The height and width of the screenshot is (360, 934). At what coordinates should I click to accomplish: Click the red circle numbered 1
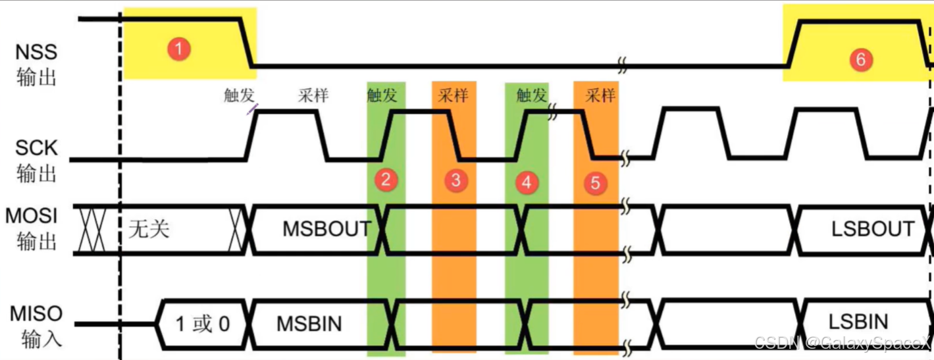click(178, 49)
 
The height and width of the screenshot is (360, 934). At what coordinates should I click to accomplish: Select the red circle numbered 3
click(455, 180)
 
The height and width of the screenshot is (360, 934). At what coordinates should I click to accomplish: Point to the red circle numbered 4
click(525, 182)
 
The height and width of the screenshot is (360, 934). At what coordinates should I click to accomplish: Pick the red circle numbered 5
click(595, 183)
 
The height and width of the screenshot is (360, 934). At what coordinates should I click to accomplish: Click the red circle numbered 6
click(860, 59)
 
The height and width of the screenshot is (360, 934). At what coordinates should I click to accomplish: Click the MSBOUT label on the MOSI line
click(327, 228)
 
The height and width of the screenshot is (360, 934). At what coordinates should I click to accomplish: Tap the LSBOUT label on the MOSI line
click(873, 228)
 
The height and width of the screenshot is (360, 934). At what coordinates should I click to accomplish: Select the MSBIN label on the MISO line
click(309, 323)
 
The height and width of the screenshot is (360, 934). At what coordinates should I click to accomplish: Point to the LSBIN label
click(858, 322)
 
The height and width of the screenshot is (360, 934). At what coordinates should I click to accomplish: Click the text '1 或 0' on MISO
click(203, 324)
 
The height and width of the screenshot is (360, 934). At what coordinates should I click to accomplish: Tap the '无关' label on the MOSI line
click(149, 229)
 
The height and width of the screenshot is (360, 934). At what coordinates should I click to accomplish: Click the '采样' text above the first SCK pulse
click(313, 95)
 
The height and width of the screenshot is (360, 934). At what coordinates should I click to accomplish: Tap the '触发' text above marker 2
click(382, 95)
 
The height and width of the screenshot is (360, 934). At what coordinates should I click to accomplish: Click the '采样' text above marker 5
click(600, 95)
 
